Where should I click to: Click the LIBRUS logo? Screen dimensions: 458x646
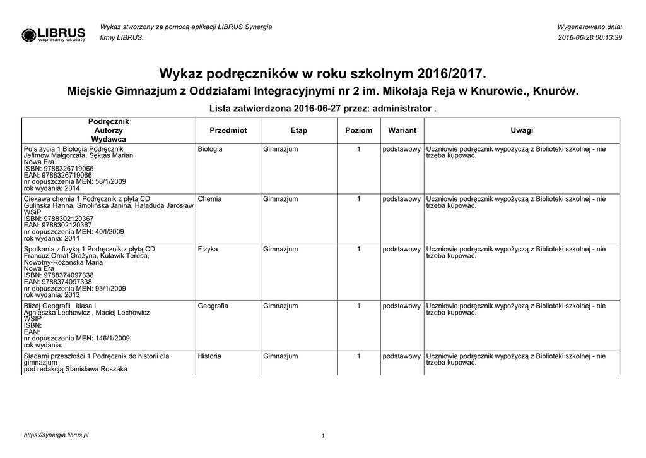(x=53, y=34)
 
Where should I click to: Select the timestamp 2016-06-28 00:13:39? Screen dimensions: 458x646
(x=590, y=38)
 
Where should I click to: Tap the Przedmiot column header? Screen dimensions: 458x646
(x=228, y=130)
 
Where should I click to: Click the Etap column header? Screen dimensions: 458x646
(x=299, y=130)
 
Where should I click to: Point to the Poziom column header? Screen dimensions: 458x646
(x=358, y=130)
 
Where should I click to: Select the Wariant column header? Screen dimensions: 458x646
(x=402, y=130)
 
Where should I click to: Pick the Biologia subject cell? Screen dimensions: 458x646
(x=210, y=149)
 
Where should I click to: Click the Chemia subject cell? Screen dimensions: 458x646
(x=209, y=199)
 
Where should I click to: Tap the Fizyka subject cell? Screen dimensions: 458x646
(x=208, y=249)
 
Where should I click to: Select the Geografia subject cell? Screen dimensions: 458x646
(x=213, y=306)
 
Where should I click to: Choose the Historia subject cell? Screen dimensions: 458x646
(x=209, y=356)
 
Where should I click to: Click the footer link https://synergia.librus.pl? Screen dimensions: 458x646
(x=56, y=435)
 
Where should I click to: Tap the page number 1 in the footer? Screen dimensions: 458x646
(x=322, y=436)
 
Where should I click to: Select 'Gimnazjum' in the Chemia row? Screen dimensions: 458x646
(x=280, y=199)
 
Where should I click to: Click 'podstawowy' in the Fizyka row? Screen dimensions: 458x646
(x=402, y=249)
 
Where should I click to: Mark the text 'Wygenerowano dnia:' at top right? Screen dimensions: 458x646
(x=590, y=27)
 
